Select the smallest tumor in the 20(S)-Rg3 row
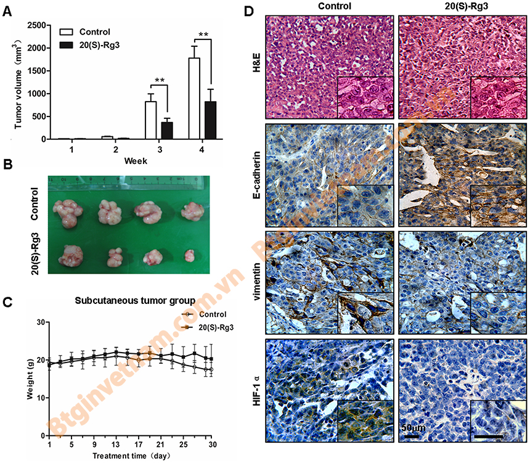[x=190, y=253]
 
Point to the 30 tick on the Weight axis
[x=39, y=322]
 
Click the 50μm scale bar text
[x=414, y=427]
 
